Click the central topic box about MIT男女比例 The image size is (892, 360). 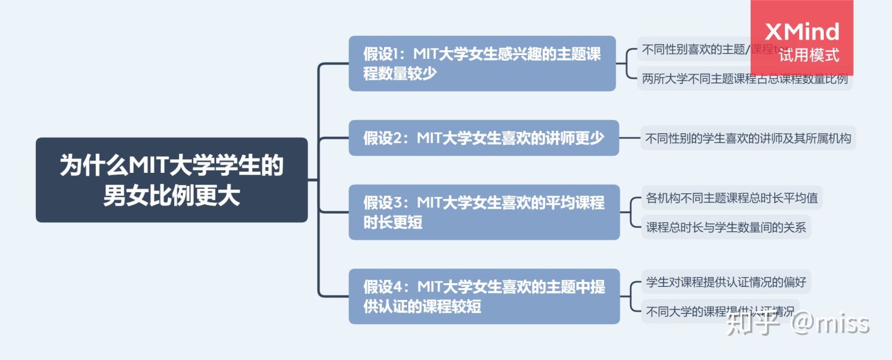point(172,180)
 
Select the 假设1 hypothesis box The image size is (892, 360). point(482,63)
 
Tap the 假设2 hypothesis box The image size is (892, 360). point(483,138)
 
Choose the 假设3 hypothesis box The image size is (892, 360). point(483,212)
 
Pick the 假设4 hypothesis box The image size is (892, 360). point(484,296)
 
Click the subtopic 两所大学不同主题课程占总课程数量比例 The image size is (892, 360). point(745,79)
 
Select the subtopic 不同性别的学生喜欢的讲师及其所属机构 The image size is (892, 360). point(748,138)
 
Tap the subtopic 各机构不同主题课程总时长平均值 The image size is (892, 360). point(731,198)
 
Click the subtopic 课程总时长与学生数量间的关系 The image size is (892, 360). point(726,227)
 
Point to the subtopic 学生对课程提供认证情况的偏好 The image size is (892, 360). point(726,283)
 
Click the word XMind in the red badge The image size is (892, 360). point(802,31)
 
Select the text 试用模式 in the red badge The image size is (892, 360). point(809,56)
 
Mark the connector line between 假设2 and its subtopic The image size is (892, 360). point(629,138)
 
